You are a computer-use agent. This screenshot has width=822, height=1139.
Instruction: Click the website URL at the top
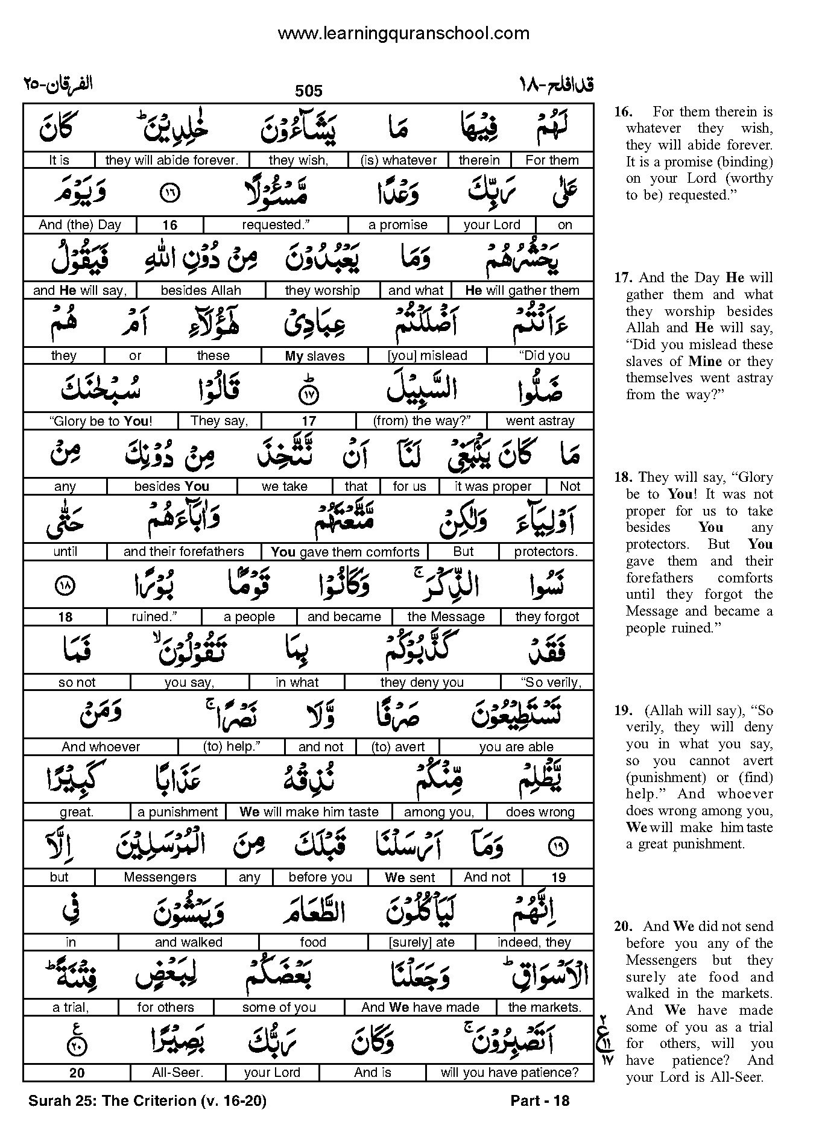tap(403, 34)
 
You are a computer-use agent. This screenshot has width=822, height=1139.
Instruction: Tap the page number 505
tap(309, 91)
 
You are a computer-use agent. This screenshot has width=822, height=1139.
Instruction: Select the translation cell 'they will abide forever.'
tap(172, 160)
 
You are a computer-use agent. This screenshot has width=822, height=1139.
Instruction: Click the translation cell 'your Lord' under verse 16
tap(492, 225)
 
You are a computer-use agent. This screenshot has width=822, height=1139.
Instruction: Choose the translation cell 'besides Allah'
tap(201, 291)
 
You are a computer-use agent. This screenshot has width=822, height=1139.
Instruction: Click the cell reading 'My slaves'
tap(315, 356)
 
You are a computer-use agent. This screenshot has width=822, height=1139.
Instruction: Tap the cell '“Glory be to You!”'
tap(101, 421)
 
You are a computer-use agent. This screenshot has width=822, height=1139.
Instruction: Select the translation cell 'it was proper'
tap(493, 487)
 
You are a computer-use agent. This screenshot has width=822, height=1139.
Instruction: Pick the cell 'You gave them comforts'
tap(345, 552)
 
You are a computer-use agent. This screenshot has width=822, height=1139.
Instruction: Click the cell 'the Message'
tap(446, 617)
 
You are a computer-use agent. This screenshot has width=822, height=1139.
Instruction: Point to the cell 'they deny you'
tap(422, 683)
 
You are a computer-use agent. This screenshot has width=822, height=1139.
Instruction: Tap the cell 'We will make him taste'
tap(309, 812)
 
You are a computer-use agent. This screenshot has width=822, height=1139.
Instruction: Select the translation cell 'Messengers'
tap(160, 877)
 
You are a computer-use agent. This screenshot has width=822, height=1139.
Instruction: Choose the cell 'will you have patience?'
tap(510, 1073)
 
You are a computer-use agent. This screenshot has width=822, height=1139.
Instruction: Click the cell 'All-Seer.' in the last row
tap(178, 1073)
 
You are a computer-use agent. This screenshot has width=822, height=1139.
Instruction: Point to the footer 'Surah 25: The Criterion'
tap(147, 1100)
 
